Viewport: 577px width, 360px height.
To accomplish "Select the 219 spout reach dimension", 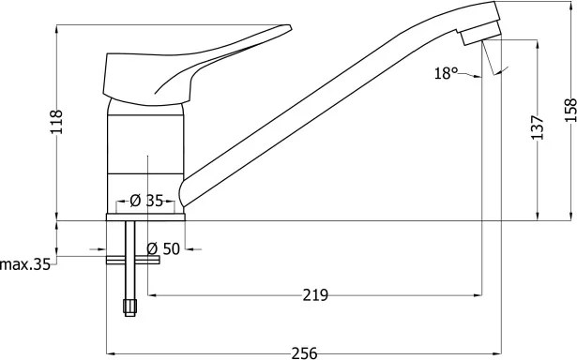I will point(315,295).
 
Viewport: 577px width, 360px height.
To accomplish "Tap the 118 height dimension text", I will point(57,122).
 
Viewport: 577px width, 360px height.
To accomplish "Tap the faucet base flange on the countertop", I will point(146,217).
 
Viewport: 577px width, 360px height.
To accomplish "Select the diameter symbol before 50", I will point(152,248).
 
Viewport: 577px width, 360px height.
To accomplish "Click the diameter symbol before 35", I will point(135,201).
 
